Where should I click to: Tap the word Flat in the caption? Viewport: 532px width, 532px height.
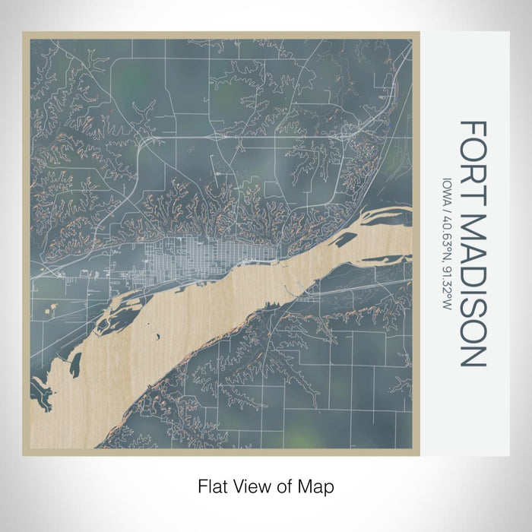pyautogui.click(x=212, y=485)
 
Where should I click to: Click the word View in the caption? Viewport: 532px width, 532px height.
pyautogui.click(x=248, y=485)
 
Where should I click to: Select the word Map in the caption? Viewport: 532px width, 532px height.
pyautogui.click(x=318, y=485)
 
